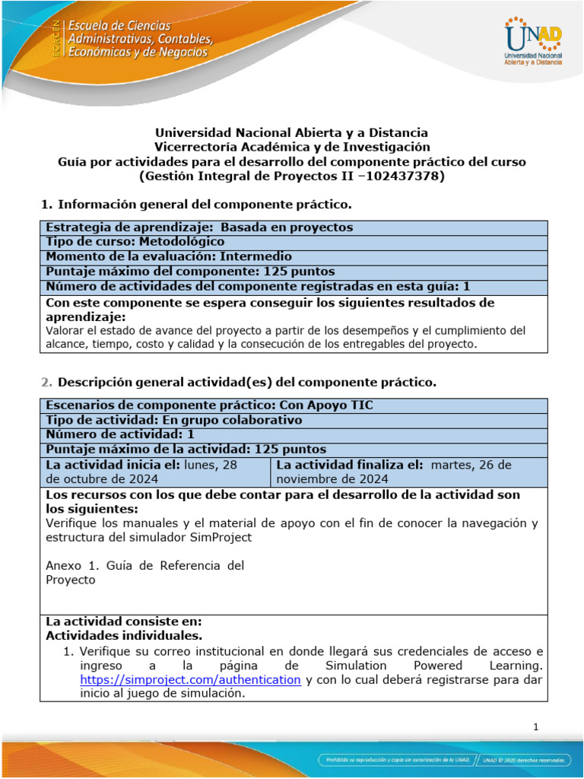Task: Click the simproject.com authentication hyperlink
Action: tap(191, 679)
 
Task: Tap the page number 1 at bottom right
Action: tap(536, 727)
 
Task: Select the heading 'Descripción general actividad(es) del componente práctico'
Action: tap(247, 381)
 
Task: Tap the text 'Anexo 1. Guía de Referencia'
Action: tap(144, 565)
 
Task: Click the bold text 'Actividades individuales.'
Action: tap(124, 635)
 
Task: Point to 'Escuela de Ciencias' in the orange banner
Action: tap(121, 26)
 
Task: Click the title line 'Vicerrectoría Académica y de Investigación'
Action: tap(292, 147)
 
